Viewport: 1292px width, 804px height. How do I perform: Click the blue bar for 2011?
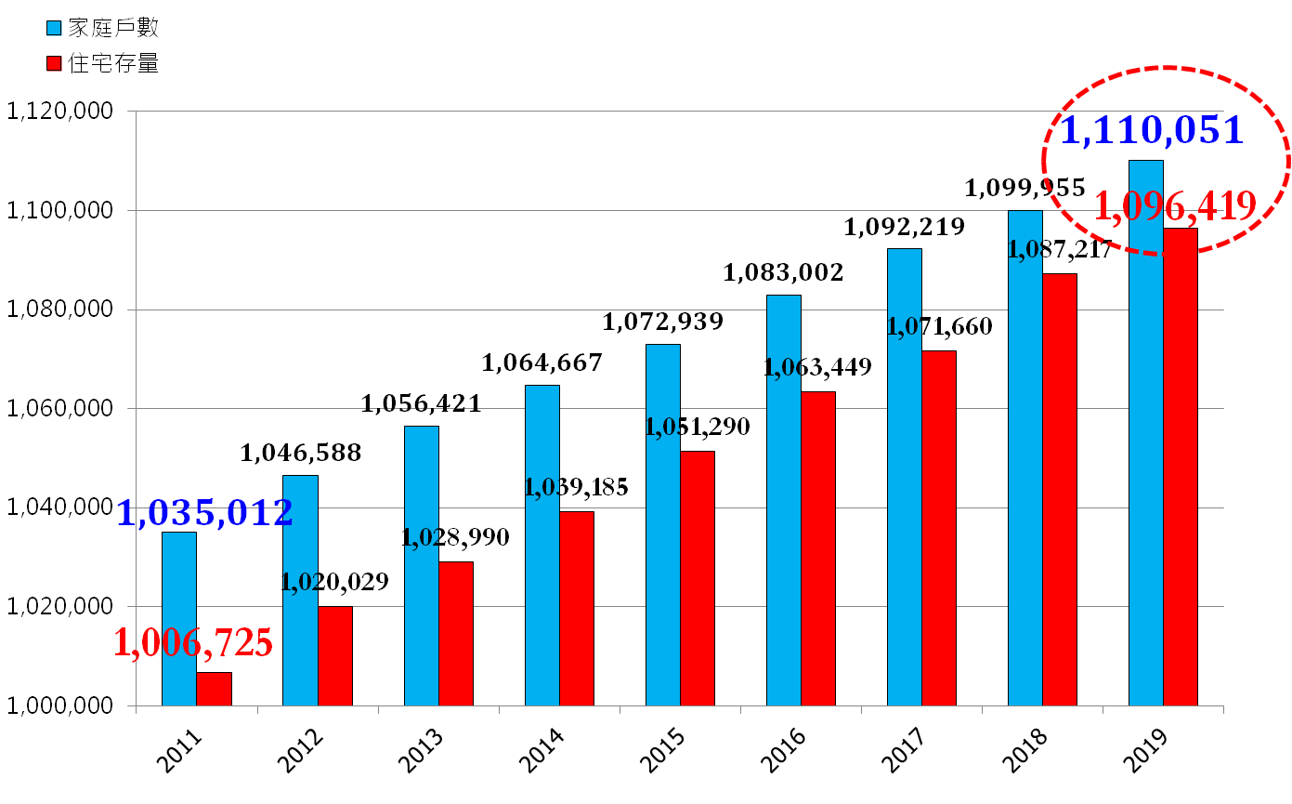pyautogui.click(x=178, y=618)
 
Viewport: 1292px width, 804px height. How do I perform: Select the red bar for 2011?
pyautogui.click(x=214, y=689)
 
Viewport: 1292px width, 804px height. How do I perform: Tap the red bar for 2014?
pyautogui.click(x=577, y=608)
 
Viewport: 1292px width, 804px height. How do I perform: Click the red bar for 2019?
pyautogui.click(x=1181, y=467)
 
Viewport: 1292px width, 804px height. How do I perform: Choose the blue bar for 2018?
pyautogui.click(x=1024, y=457)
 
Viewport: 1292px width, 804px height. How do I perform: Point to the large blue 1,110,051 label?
pyautogui.click(x=1151, y=130)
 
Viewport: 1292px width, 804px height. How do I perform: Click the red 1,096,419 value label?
pyautogui.click(x=1175, y=205)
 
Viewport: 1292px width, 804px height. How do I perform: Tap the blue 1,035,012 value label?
pyautogui.click(x=204, y=512)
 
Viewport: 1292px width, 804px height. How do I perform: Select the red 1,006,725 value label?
pyautogui.click(x=193, y=642)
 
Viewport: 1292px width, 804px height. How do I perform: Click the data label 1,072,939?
pyautogui.click(x=662, y=323)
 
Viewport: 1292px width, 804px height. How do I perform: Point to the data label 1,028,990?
pyautogui.click(x=455, y=537)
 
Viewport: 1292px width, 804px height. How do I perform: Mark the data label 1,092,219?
pyautogui.click(x=904, y=226)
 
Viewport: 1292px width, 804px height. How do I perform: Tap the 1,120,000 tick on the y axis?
pyautogui.click(x=60, y=112)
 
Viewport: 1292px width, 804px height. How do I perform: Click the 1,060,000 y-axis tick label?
pyautogui.click(x=60, y=409)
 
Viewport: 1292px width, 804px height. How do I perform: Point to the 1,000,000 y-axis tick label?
pyautogui.click(x=60, y=706)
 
